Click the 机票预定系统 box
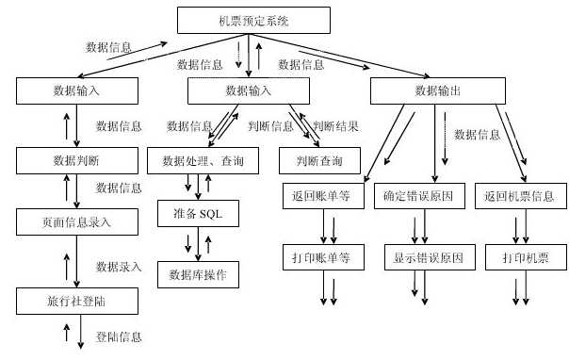(253, 20)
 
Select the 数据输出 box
(438, 91)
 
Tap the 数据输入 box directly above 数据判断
(77, 91)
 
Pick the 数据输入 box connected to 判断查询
(250, 91)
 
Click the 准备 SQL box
(199, 214)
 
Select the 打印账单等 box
(323, 256)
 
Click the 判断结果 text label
(334, 125)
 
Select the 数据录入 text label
(119, 267)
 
